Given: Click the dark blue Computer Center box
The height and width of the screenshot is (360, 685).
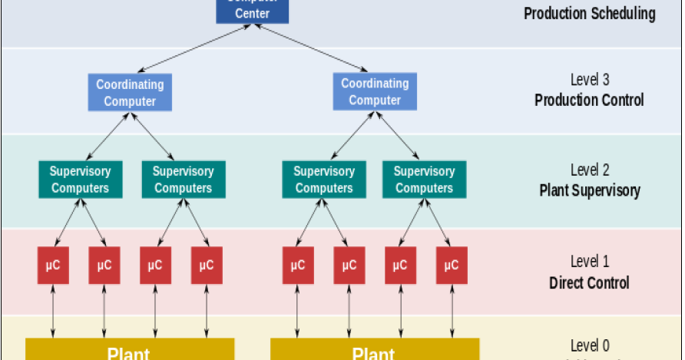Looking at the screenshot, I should coord(252,10).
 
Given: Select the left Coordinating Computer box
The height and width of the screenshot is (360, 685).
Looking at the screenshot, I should coord(130,92).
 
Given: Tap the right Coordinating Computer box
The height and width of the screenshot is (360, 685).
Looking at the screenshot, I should coord(375,91).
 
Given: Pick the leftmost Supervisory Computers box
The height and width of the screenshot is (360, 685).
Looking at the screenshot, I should coord(80,180).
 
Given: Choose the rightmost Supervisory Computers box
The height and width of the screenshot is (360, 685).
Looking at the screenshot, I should coord(424,180).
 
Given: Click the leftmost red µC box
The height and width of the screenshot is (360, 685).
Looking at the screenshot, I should coord(53,266).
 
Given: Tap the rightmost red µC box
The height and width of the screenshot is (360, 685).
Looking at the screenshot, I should coord(452,266).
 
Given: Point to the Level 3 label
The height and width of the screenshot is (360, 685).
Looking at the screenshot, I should coord(589,79).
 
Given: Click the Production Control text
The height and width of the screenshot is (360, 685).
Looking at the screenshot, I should coord(589,100).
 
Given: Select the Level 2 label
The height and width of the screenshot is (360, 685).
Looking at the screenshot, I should coord(589,170).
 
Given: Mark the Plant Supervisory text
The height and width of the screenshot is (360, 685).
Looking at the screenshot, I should coord(589,190).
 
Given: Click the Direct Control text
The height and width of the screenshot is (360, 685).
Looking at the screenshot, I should coord(589,282).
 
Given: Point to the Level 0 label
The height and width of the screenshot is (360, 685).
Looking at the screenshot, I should coord(589,345).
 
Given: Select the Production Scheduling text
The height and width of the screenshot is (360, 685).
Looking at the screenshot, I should coord(589,14).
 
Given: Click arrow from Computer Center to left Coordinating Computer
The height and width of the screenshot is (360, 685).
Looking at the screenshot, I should coord(192,49).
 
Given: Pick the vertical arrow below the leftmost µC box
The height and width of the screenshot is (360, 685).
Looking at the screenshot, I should coord(53,311).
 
